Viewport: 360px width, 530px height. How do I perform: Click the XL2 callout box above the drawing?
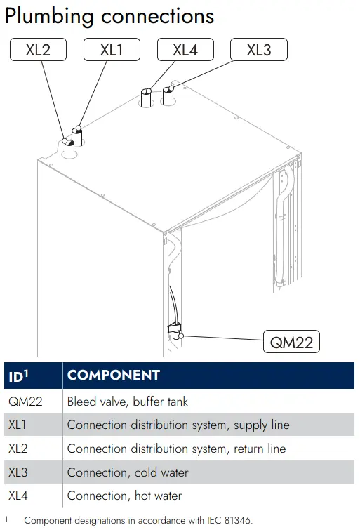pyautogui.click(x=38, y=50)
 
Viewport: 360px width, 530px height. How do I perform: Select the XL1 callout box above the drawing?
pyautogui.click(x=112, y=50)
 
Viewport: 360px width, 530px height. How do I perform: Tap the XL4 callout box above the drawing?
pyautogui.click(x=185, y=50)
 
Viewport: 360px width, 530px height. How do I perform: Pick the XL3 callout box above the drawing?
pyautogui.click(x=259, y=50)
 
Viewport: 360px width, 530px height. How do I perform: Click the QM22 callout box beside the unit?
pyautogui.click(x=291, y=342)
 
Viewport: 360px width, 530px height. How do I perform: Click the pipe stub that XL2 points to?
pyautogui.click(x=69, y=149)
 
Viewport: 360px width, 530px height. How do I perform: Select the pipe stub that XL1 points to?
pyautogui.click(x=76, y=136)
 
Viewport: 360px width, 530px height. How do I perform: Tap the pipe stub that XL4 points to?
pyautogui.click(x=147, y=98)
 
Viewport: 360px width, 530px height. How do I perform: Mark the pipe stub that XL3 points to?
pyautogui.click(x=168, y=96)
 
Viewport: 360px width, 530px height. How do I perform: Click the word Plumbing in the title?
pyautogui.click(x=49, y=16)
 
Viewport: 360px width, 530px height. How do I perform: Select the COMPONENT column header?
pyautogui.click(x=114, y=375)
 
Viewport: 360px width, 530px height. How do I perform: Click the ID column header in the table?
pyautogui.click(x=18, y=376)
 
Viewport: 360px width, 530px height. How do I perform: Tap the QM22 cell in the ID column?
pyautogui.click(x=25, y=402)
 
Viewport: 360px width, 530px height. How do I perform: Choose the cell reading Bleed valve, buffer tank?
pyautogui.click(x=128, y=402)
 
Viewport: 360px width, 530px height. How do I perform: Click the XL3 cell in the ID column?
pyautogui.click(x=18, y=472)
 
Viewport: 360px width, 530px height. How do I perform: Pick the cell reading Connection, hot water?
pyautogui.click(x=124, y=496)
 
